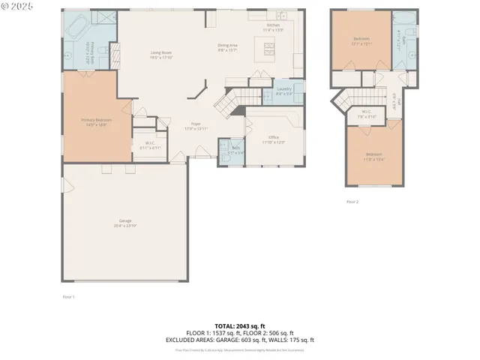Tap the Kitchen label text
pos(274,27)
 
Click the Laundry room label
pos(284,91)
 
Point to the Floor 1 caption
pos(68,297)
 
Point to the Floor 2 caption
pos(352,202)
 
